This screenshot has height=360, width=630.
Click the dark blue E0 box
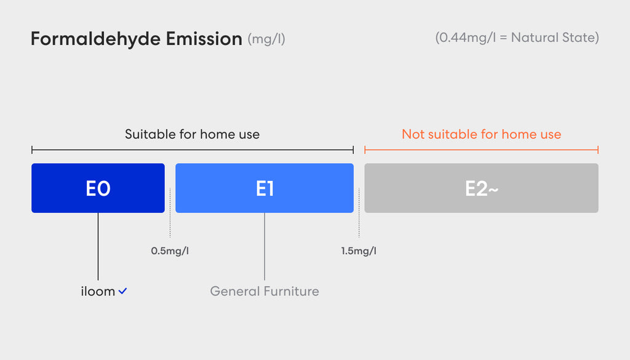[x=98, y=188]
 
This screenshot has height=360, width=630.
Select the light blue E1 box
[x=265, y=188]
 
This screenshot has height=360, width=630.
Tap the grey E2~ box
[x=481, y=188]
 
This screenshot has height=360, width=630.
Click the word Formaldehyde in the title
[x=95, y=39]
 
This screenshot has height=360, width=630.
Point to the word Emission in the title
[x=204, y=39]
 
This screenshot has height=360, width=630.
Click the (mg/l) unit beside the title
[x=266, y=39]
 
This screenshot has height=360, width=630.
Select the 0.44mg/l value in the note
[x=468, y=38]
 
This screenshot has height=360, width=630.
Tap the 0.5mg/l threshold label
[x=170, y=251]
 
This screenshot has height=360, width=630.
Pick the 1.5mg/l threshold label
[x=359, y=251]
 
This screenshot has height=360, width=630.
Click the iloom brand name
[x=98, y=291]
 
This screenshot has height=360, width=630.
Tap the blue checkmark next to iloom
[x=122, y=291]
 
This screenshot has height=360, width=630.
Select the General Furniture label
[x=265, y=291]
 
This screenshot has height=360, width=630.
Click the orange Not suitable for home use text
[x=481, y=134]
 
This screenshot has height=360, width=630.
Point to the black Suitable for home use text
[x=192, y=134]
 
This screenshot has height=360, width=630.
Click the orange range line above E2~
[x=481, y=150]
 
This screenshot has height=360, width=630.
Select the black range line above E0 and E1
[x=193, y=150]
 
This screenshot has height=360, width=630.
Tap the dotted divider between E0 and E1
[x=170, y=212]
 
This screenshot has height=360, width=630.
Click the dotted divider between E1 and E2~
[x=359, y=212]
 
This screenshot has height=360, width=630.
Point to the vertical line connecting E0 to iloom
[x=98, y=246]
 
